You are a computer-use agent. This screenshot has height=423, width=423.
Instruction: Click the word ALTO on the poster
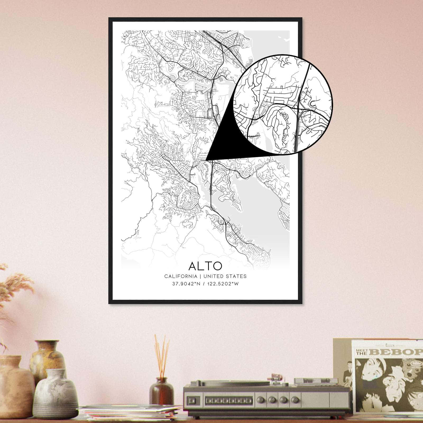205,266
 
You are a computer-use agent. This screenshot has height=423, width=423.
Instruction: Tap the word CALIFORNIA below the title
181,276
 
